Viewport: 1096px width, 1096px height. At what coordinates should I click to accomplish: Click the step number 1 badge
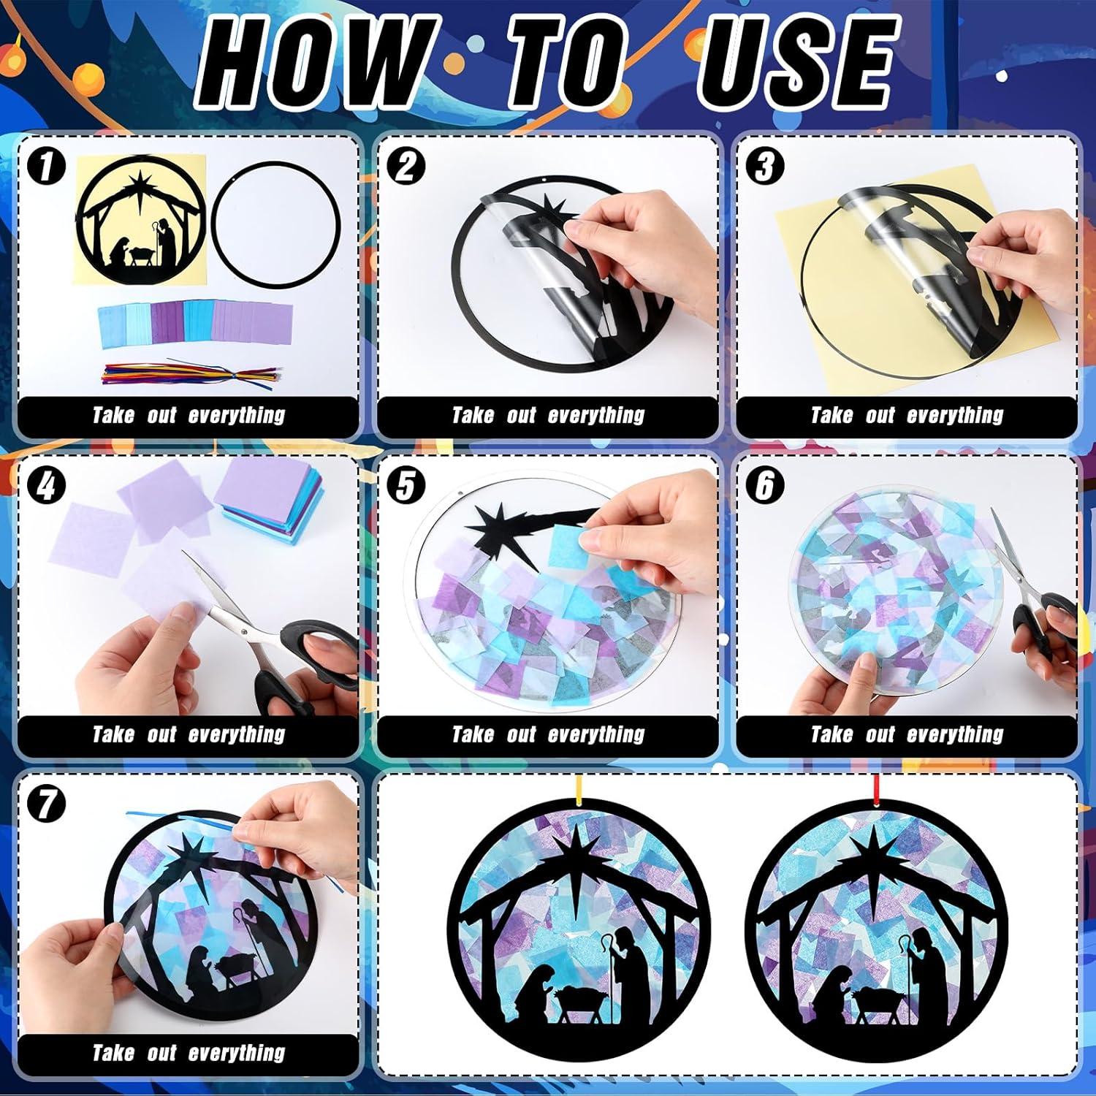tap(46, 166)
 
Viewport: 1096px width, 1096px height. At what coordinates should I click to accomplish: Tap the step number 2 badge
tap(406, 166)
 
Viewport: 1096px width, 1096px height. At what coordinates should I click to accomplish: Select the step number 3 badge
tap(764, 166)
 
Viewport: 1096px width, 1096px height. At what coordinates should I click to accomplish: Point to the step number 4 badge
tap(46, 485)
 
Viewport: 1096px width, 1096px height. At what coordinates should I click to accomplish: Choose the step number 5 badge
tap(406, 485)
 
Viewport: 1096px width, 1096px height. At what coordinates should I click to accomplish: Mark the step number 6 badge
tap(764, 485)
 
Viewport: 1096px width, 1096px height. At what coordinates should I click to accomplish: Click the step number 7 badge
tap(46, 804)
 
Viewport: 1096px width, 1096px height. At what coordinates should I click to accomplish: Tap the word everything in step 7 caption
tap(236, 1053)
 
